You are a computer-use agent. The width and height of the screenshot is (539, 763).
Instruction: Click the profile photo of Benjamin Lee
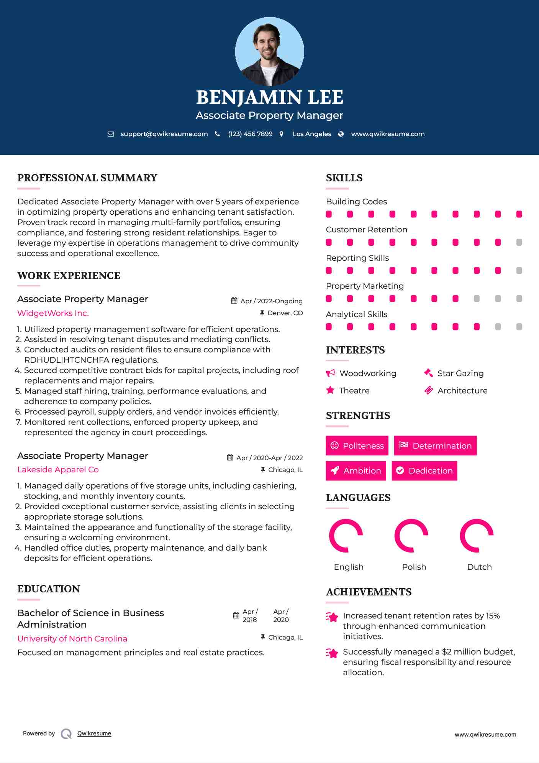(x=269, y=52)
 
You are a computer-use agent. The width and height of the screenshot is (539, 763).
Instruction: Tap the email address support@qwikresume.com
(x=164, y=134)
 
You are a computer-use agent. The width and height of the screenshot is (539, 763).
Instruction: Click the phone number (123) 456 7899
(x=250, y=134)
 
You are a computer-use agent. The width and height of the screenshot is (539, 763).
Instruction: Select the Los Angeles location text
(x=311, y=134)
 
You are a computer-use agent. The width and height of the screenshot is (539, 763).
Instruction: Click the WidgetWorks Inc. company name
(x=53, y=313)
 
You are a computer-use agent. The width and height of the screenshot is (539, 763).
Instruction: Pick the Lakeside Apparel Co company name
(x=58, y=470)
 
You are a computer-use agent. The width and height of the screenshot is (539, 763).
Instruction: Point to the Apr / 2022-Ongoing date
(x=271, y=301)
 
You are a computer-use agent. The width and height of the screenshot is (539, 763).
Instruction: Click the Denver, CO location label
(x=285, y=313)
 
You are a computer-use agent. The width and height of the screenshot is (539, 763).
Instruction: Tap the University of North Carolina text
(x=72, y=639)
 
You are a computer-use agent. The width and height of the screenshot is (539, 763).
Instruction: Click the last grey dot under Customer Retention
(x=519, y=242)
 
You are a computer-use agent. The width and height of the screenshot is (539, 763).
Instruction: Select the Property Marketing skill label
(x=365, y=286)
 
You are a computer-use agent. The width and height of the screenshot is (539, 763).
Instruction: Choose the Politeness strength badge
(x=357, y=446)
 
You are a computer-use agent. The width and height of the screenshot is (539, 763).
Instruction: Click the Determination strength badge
(x=435, y=446)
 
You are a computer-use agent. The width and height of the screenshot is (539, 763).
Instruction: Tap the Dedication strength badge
(x=424, y=470)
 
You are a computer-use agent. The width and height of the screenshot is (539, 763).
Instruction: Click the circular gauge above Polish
(x=411, y=536)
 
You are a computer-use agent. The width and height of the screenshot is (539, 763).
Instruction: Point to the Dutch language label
(x=479, y=567)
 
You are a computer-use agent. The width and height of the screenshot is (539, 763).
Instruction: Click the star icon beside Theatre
(x=330, y=390)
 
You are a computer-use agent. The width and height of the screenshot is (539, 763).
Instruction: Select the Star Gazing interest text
(x=460, y=373)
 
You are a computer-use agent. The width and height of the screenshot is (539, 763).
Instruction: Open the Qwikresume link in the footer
(x=94, y=733)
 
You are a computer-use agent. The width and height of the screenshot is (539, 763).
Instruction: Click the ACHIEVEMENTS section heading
(x=369, y=592)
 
